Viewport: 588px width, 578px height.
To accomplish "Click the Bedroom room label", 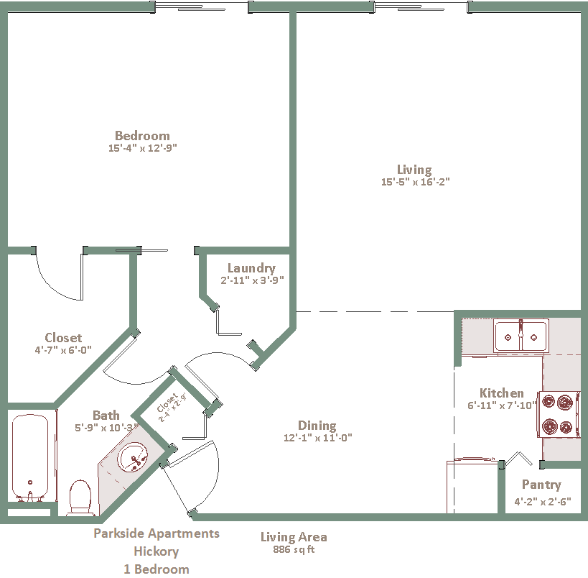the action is (142, 136).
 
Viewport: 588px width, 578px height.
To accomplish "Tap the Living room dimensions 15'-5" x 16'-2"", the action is (415, 182).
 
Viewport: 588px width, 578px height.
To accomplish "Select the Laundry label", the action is (251, 268).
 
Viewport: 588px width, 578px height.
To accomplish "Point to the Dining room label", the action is (317, 426).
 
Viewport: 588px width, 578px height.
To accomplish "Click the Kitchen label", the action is (501, 393).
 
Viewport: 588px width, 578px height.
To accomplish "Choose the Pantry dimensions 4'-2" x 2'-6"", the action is (542, 501).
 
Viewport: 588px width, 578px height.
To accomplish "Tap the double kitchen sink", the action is (521, 336).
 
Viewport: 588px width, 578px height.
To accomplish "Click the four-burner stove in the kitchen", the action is (559, 414).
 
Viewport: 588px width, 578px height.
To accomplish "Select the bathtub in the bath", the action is (30, 457).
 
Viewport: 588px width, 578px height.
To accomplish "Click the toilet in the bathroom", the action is (80, 497).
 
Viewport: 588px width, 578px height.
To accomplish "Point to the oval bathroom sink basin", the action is (133, 457).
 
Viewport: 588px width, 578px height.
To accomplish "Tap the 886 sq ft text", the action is (294, 549).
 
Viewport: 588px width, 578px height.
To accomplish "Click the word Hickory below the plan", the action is (156, 551).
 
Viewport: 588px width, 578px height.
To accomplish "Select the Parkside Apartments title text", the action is (157, 533).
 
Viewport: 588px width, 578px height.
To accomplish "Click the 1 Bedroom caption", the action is (157, 569).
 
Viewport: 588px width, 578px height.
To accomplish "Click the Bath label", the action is (106, 416).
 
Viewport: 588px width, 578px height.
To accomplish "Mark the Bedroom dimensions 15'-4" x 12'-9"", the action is (142, 148).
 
